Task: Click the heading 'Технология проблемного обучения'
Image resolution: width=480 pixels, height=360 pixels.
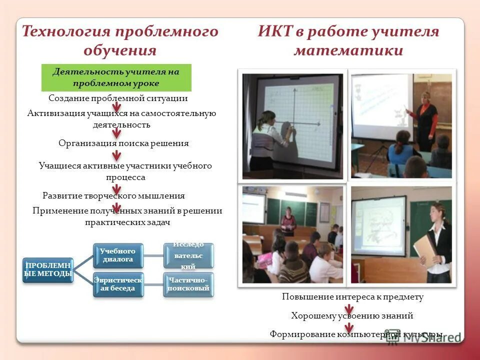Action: (x=120, y=41)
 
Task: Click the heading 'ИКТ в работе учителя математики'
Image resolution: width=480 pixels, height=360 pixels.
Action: (x=348, y=41)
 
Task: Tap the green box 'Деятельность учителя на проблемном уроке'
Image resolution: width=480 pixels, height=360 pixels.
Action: (x=116, y=77)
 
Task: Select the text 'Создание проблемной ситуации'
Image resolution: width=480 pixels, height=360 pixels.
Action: (x=118, y=98)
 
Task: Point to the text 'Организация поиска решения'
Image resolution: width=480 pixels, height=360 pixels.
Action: (x=123, y=143)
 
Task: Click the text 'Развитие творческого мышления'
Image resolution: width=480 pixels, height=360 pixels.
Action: (x=113, y=195)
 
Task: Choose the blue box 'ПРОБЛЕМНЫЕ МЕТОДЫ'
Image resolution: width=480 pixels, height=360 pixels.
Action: (x=48, y=269)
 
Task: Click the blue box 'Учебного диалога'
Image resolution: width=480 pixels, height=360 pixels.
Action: (x=117, y=255)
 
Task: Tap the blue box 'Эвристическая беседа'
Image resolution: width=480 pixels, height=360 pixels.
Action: (x=118, y=284)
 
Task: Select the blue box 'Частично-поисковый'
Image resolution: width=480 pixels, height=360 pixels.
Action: (x=188, y=284)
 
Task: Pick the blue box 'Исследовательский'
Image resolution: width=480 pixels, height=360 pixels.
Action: (x=188, y=255)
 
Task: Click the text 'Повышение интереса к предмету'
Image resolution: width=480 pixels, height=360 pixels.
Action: (x=352, y=297)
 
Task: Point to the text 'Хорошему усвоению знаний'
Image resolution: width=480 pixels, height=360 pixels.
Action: (x=352, y=316)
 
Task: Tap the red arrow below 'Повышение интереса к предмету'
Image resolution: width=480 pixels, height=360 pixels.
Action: (x=349, y=306)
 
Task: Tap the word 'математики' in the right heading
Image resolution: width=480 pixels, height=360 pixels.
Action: (x=348, y=50)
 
